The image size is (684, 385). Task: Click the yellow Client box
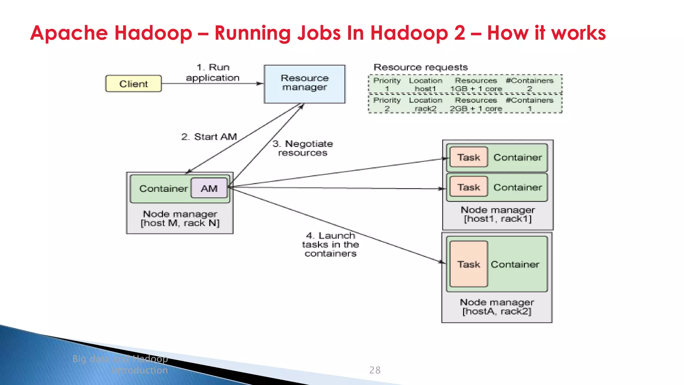pyautogui.click(x=133, y=84)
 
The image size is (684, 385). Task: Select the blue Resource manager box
pyautogui.click(x=304, y=84)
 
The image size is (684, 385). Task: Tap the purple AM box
pyautogui.click(x=209, y=188)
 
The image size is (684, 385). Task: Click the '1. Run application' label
pyautogui.click(x=213, y=73)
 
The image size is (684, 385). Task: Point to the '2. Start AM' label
pyautogui.click(x=209, y=137)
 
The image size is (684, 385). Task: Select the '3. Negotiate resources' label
pyautogui.click(x=303, y=148)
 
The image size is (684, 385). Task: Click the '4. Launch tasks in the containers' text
pyautogui.click(x=330, y=245)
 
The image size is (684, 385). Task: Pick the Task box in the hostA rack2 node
pyautogui.click(x=469, y=264)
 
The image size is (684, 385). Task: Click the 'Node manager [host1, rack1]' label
pyautogui.click(x=497, y=214)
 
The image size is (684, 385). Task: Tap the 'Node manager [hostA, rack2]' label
pyautogui.click(x=497, y=307)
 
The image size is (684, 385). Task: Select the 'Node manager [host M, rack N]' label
pyautogui.click(x=180, y=219)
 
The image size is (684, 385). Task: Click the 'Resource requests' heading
pyautogui.click(x=420, y=67)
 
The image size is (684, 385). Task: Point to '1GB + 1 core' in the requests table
pyautogui.click(x=476, y=89)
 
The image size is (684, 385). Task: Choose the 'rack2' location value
pyautogui.click(x=425, y=109)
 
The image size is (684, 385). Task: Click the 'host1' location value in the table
pyautogui.click(x=425, y=89)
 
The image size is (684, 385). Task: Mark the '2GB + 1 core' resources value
pyautogui.click(x=476, y=109)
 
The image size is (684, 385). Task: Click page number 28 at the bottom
pyautogui.click(x=375, y=370)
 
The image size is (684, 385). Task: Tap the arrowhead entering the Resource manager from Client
pyautogui.click(x=260, y=84)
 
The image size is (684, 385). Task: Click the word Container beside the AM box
pyautogui.click(x=163, y=188)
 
